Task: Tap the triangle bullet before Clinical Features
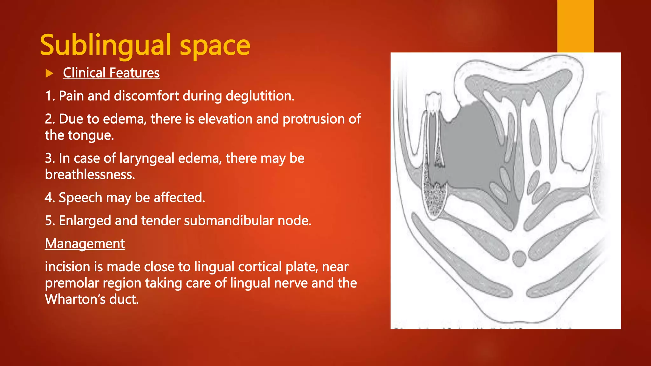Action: (49, 74)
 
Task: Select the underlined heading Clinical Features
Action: (111, 73)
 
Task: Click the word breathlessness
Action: (90, 175)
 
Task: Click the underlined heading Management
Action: (85, 244)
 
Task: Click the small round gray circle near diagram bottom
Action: (519, 258)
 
